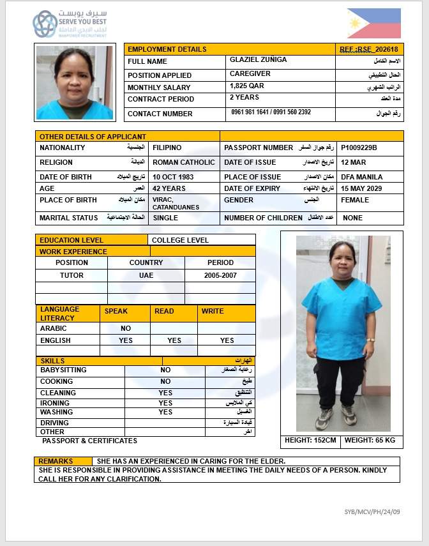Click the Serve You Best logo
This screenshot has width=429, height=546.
coord(70,24)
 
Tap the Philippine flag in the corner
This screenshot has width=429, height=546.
coord(374,23)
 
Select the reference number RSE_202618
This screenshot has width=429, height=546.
coord(368,49)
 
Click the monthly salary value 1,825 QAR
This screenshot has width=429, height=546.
coord(247,86)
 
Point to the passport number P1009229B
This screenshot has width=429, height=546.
coord(359,148)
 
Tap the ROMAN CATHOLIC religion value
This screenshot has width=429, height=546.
coord(184,162)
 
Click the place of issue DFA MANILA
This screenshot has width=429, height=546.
coord(362,177)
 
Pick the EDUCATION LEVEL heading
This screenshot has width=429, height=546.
coord(71,240)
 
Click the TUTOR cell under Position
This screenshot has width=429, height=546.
coord(71,275)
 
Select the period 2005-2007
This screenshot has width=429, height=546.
coord(220,275)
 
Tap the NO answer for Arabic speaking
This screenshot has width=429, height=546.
coord(126,328)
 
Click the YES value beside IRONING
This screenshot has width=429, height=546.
coord(165,403)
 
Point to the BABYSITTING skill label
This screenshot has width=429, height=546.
coord(63,370)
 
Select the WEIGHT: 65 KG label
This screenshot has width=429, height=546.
coord(370,440)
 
